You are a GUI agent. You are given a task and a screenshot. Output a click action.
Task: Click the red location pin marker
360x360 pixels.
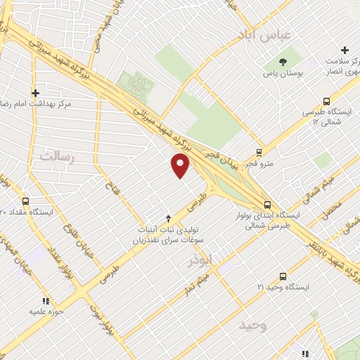(x=181, y=165)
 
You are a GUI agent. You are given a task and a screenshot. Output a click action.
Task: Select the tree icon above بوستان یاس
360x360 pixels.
(x=283, y=62)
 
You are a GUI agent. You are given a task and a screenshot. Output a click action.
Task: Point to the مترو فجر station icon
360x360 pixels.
(x=259, y=152)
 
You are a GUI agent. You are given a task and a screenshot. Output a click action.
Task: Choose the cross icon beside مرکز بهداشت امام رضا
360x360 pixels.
(x=35, y=92)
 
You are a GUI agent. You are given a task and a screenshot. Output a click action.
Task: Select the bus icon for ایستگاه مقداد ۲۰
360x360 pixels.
(x=26, y=200)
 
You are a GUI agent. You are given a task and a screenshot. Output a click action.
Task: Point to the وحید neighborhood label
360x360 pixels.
(x=253, y=326)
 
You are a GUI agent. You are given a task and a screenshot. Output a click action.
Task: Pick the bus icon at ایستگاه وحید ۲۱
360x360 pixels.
(x=283, y=276)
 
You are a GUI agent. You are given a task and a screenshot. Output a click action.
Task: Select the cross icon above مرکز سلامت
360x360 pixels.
(x=345, y=50)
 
